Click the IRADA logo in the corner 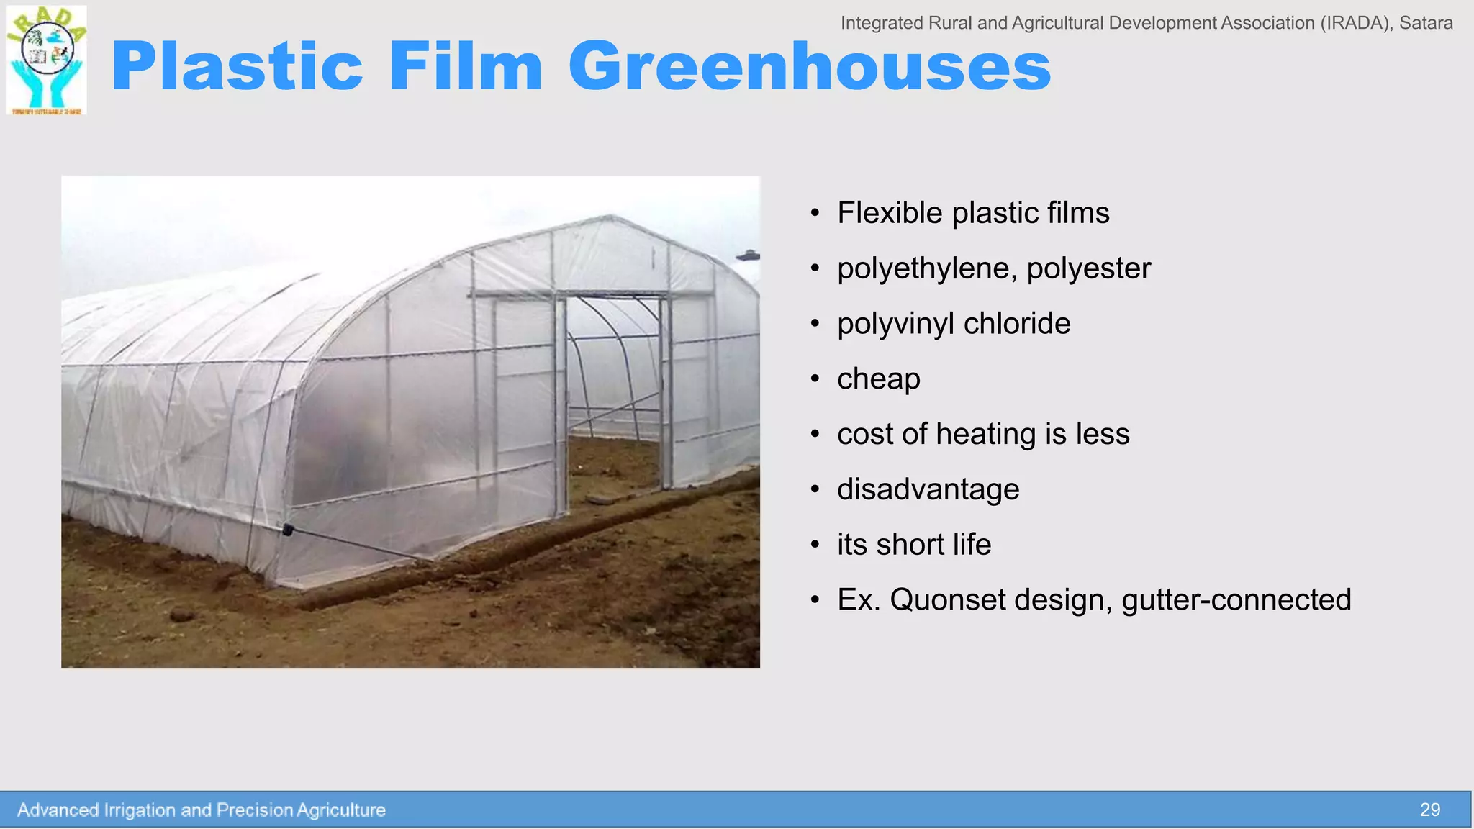click(47, 60)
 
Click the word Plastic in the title click(238, 67)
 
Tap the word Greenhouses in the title click(810, 67)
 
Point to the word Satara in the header click(1426, 23)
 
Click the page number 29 click(1429, 810)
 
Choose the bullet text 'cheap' click(878, 379)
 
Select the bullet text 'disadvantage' click(928, 490)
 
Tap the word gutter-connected click(1236, 600)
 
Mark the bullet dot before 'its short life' click(815, 545)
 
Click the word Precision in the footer click(254, 810)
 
